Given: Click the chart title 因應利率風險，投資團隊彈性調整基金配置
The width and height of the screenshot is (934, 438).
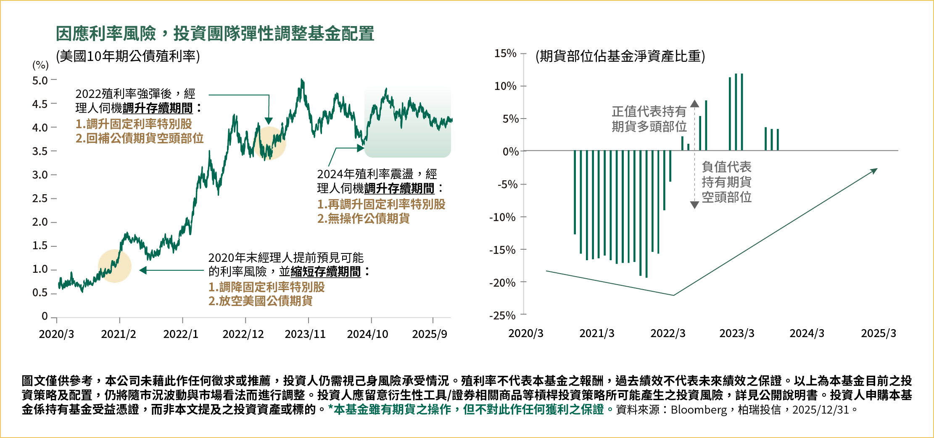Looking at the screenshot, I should point(215,34).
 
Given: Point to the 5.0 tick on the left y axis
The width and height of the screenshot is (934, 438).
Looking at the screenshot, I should point(40,80).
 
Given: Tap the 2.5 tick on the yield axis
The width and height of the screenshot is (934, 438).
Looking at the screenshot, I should point(40,198).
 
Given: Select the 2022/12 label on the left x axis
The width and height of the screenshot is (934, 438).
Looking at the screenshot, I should point(243,334).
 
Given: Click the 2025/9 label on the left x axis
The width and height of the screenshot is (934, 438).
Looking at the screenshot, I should point(430,334).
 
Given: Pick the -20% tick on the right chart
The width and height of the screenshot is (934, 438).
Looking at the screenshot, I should point(502,282).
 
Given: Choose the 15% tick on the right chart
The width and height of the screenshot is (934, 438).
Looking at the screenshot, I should point(505,53).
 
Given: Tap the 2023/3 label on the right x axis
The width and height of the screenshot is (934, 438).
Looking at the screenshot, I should point(736,333).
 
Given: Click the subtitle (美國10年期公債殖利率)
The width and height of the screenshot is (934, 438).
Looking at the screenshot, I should point(128,56).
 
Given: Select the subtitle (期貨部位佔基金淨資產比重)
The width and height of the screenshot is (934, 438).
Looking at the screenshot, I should point(620,56).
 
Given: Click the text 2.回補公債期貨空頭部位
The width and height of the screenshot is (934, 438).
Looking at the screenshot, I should point(140,138).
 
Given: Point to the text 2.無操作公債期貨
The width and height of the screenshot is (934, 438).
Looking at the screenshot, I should point(363,219).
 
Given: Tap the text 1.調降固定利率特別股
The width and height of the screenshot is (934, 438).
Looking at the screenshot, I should point(266,287).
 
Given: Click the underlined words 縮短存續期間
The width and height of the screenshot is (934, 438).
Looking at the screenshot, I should point(326,272).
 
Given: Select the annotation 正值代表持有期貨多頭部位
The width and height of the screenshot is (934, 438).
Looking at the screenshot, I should point(649,119).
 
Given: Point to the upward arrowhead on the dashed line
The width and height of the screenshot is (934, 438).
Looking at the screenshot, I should point(694,103).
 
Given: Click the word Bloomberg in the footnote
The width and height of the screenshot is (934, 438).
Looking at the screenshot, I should point(699,410).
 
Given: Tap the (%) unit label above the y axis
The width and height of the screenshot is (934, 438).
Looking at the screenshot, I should point(40,65).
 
